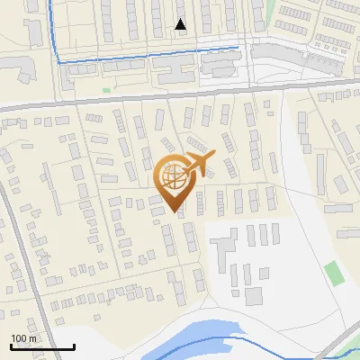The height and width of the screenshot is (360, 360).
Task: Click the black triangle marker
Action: [x=181, y=24]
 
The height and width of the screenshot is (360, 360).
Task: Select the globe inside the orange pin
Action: [x=175, y=177]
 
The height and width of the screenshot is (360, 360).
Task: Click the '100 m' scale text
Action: [x=23, y=338]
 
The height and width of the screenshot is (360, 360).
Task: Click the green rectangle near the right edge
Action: [x=334, y=273]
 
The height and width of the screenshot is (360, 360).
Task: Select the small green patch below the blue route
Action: [x=106, y=90]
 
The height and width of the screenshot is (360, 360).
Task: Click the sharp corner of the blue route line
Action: [x=59, y=61]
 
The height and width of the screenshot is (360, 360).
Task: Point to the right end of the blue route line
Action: [x=238, y=45]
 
